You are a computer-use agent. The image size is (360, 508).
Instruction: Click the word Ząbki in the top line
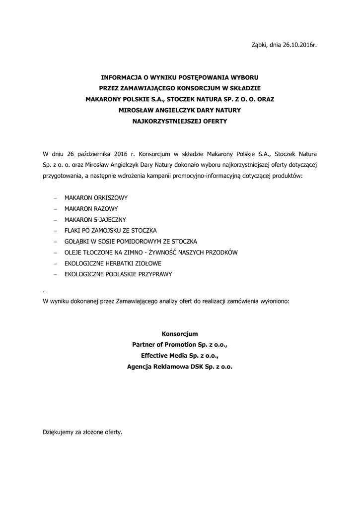(260, 45)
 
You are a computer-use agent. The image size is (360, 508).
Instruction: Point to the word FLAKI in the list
(72, 231)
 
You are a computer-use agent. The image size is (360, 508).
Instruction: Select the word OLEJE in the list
(73, 253)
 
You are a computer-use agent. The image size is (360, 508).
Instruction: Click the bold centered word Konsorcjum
(180, 334)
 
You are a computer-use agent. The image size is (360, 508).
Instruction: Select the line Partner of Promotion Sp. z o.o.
(180, 345)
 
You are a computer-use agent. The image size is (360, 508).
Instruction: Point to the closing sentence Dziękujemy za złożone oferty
(82, 432)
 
